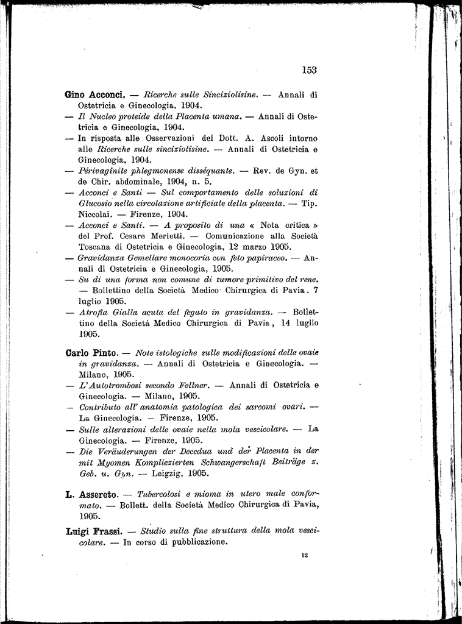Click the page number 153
pos(309,69)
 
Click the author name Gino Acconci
pos(94,94)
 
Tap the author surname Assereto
pos(98,492)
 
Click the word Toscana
pos(95,247)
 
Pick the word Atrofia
pos(97,312)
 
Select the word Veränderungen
pos(126,451)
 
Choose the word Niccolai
pos(97,214)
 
